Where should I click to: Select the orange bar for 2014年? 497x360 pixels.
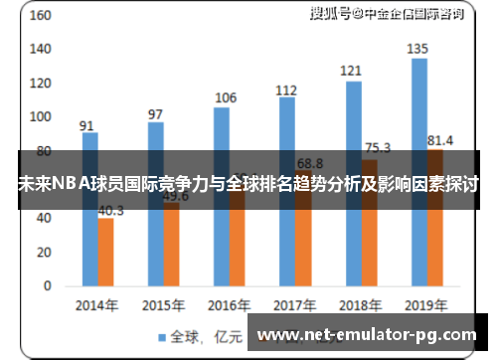(105, 253)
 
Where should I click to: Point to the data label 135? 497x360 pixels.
(418, 49)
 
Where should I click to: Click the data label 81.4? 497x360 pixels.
(439, 139)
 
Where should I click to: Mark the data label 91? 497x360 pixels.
(87, 125)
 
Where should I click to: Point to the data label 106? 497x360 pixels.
(226, 97)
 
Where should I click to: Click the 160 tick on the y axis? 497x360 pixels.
(41, 16)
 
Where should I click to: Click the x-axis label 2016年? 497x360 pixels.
(228, 303)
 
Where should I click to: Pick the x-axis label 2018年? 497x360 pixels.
(360, 303)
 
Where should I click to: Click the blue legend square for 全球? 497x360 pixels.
(161, 336)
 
